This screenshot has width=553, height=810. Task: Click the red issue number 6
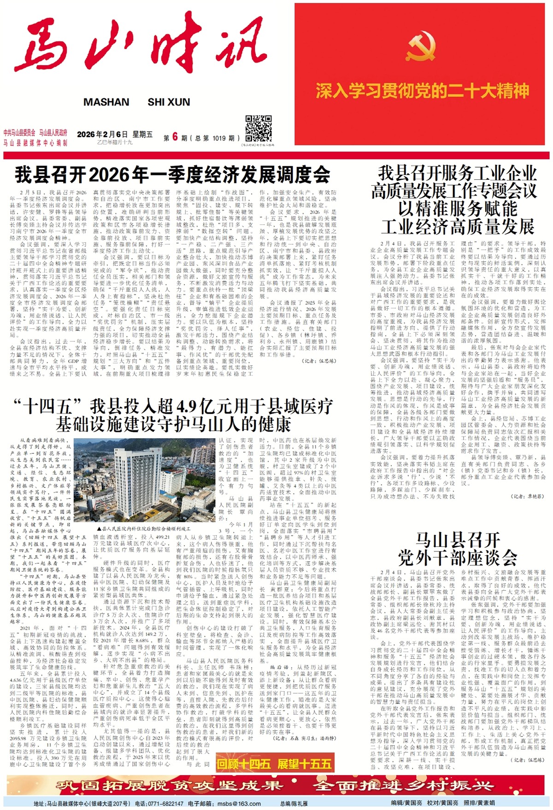click(x=175, y=137)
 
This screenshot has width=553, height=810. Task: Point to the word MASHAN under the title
click(x=106, y=102)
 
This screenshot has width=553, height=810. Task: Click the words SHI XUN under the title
click(x=169, y=102)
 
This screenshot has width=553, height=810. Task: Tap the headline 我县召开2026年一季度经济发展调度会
click(x=172, y=175)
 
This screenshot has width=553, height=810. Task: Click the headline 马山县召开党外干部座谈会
click(x=457, y=549)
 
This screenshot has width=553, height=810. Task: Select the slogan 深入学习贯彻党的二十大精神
click(x=422, y=91)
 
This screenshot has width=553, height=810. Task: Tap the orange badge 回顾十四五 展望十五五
click(x=274, y=763)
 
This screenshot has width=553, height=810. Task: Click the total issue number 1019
click(x=219, y=138)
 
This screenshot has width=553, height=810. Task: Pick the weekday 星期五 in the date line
click(x=142, y=135)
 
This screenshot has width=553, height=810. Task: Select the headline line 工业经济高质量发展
click(x=457, y=227)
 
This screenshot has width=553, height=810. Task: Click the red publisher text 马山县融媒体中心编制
click(x=35, y=143)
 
